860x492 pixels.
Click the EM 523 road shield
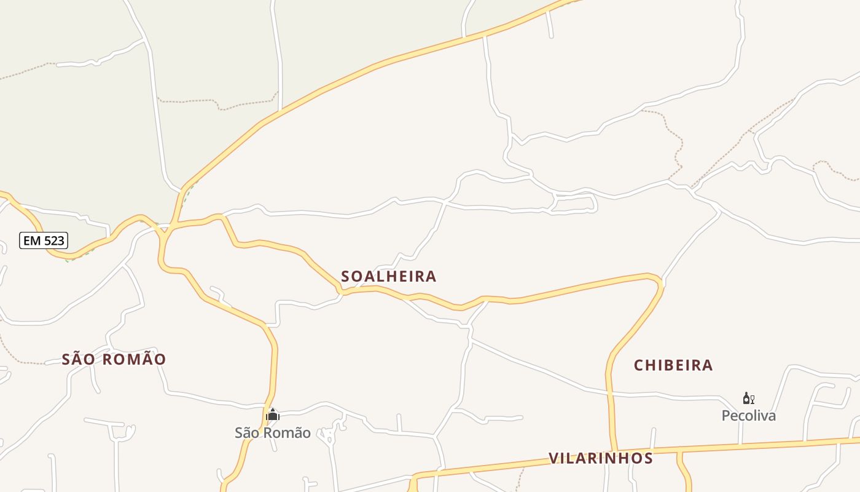[43, 240]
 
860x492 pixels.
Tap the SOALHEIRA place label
[388, 277]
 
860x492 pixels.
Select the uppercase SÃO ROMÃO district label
[114, 359]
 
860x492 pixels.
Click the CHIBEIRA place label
[673, 365]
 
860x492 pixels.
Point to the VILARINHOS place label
[600, 458]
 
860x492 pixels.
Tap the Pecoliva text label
[748, 416]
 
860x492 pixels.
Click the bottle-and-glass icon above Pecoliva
[748, 399]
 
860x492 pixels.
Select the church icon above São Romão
[272, 415]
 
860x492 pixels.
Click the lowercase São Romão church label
[272, 433]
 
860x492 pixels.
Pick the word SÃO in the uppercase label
[78, 359]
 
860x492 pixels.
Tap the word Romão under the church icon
[291, 433]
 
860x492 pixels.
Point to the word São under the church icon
[247, 433]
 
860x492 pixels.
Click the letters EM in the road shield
[32, 240]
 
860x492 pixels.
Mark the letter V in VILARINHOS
[553, 458]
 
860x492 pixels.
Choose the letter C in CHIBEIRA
[639, 365]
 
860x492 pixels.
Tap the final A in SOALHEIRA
[431, 277]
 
